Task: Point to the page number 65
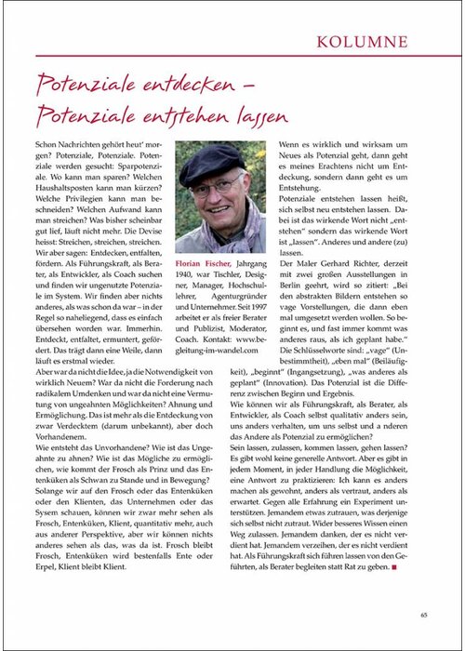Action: pyautogui.click(x=423, y=613)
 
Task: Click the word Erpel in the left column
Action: pyautogui.click(x=48, y=589)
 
